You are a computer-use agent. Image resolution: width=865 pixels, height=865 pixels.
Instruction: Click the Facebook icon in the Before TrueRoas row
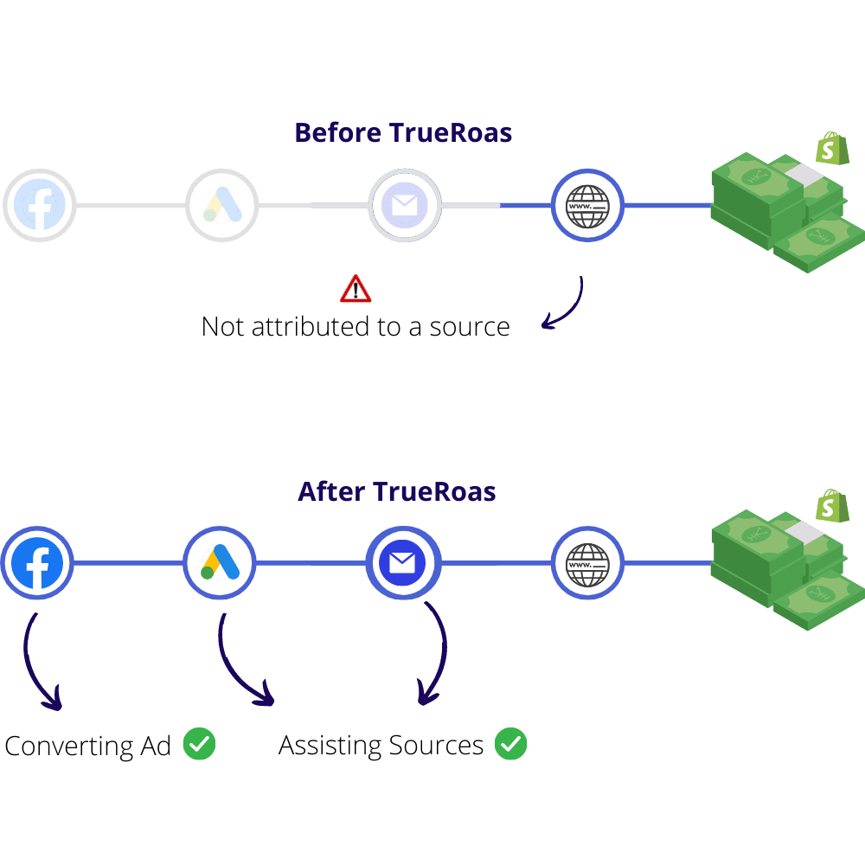[x=39, y=206]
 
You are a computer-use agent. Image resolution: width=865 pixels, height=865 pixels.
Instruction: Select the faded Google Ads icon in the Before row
[x=222, y=206]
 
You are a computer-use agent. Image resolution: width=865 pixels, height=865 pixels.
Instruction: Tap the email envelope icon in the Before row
[x=404, y=206]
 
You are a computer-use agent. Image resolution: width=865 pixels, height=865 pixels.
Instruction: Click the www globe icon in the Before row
[x=587, y=206]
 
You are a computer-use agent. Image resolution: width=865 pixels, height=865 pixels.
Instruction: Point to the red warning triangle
[x=356, y=290]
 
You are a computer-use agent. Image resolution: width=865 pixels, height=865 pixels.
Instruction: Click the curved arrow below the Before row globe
[x=570, y=307]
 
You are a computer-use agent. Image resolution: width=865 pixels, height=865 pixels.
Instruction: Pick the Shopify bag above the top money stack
[x=832, y=149]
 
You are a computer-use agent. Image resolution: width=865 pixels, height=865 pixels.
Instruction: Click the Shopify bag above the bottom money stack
[x=832, y=506]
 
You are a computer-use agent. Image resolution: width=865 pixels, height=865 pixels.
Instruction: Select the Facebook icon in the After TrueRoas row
[x=36, y=564]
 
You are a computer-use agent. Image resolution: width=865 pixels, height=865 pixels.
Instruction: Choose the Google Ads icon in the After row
[x=220, y=564]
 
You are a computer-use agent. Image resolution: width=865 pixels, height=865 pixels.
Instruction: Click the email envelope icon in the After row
[x=402, y=564]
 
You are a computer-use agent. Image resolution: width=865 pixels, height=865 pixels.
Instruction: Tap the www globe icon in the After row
[x=587, y=564]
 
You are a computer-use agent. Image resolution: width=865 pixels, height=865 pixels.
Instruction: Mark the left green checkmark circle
[x=199, y=744]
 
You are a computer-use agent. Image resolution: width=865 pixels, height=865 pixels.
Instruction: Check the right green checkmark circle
[x=510, y=744]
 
